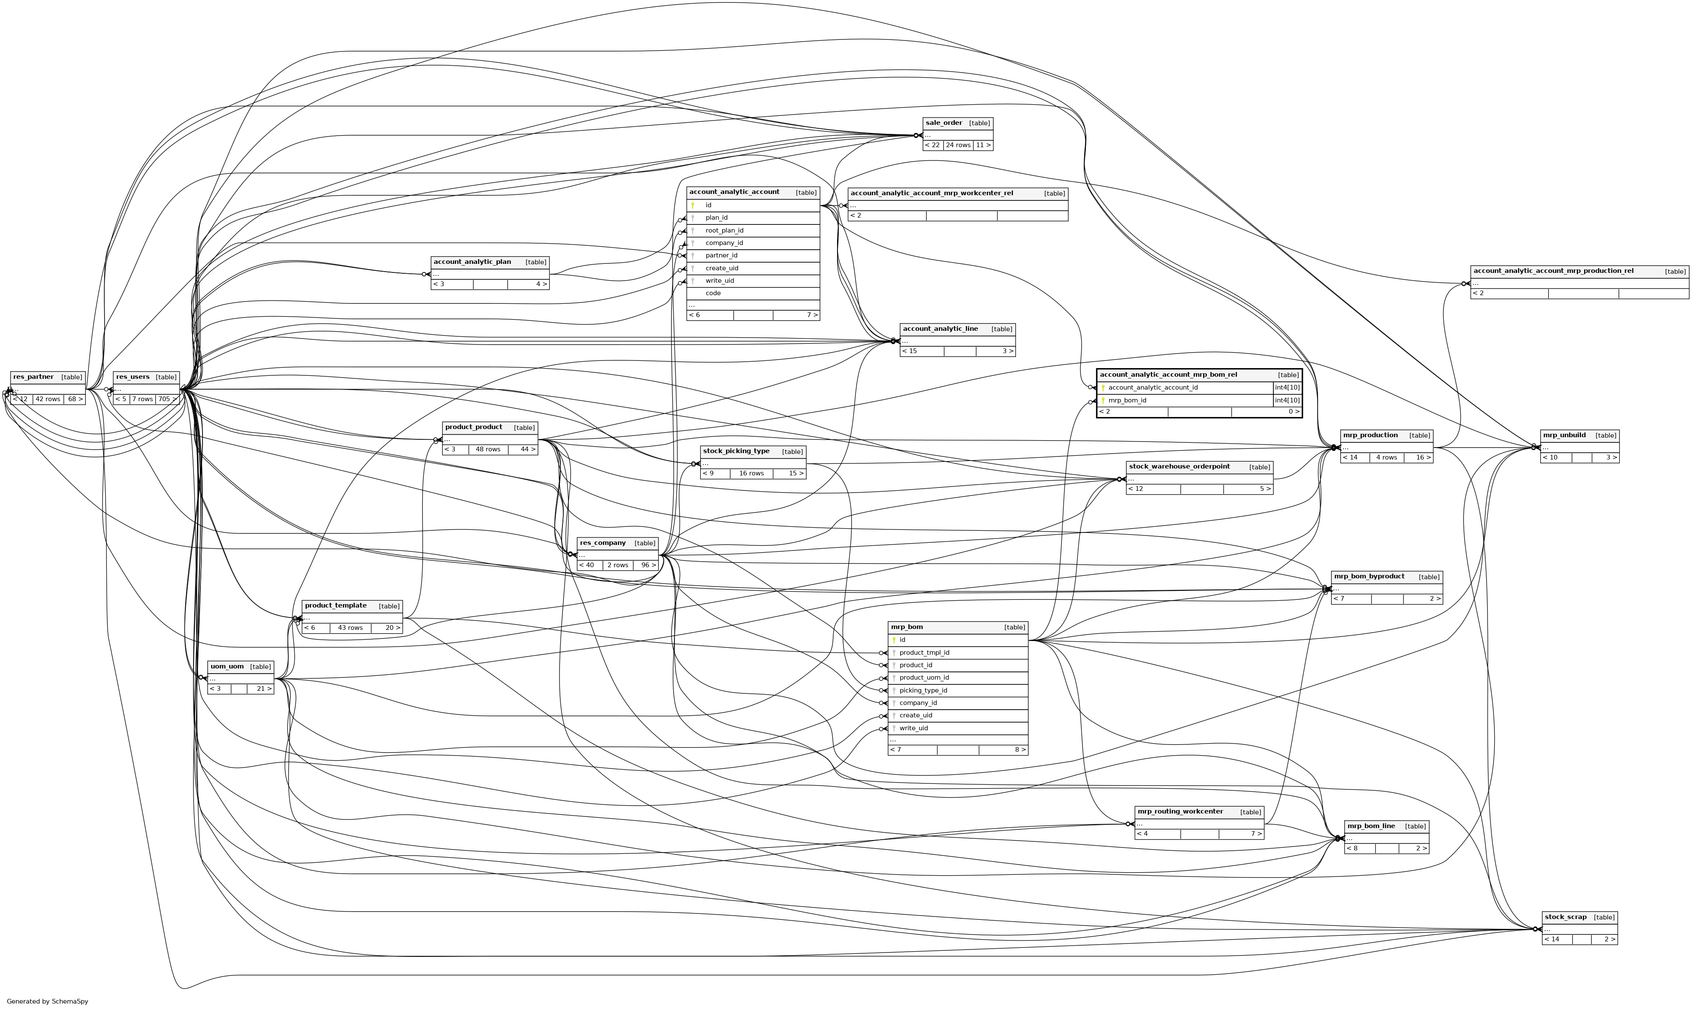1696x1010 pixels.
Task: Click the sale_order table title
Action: coord(943,123)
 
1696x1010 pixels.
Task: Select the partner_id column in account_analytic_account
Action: coord(721,255)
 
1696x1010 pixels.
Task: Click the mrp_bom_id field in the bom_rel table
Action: coord(1127,400)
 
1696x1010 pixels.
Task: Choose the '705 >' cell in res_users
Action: coord(167,399)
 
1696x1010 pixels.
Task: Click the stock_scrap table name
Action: coord(1565,917)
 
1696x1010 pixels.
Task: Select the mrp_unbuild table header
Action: coord(1564,435)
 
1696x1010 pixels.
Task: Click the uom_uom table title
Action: coord(227,667)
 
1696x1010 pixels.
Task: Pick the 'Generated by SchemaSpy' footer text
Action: coord(48,1002)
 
